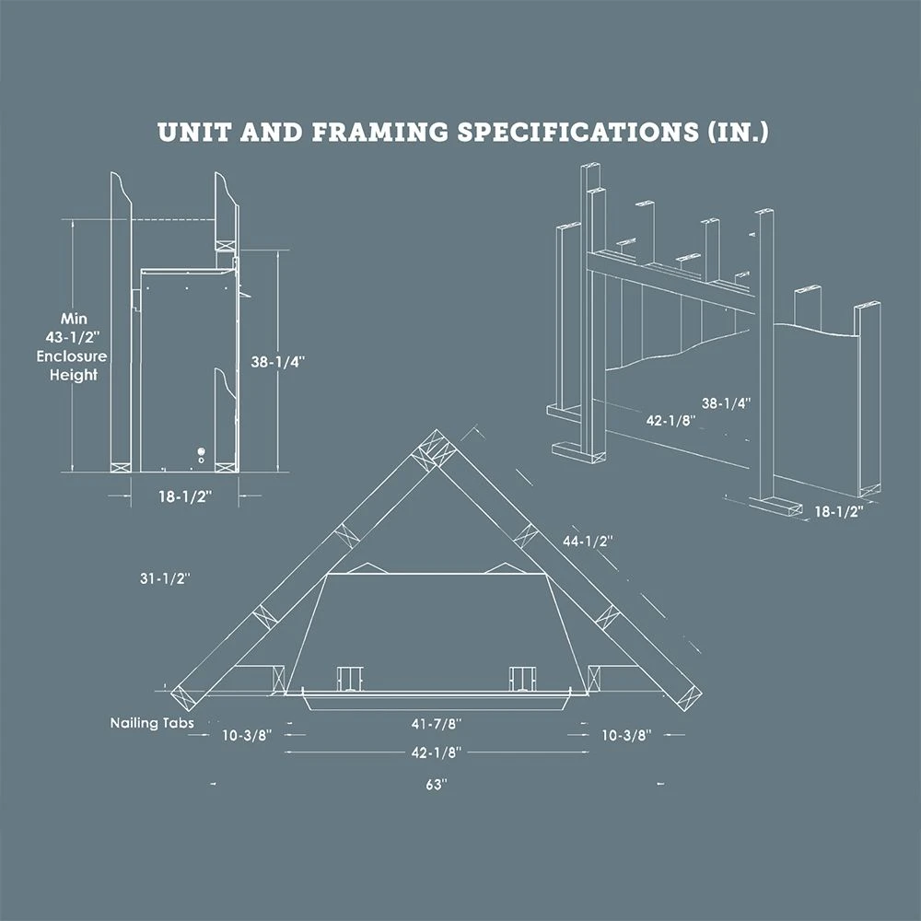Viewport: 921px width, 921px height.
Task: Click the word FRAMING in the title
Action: point(379,132)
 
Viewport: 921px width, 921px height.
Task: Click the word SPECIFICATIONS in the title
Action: point(578,132)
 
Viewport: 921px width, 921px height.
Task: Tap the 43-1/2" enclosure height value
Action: point(73,337)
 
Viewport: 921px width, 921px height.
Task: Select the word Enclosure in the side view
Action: point(72,356)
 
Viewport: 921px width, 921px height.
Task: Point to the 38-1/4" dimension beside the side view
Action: point(278,362)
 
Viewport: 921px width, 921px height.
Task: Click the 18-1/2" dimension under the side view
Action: point(184,496)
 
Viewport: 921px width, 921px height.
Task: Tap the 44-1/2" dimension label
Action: point(588,542)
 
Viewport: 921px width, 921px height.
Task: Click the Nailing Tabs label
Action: point(152,723)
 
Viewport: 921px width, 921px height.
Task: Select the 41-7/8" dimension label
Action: point(437,724)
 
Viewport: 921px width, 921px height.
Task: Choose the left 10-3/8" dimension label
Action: point(247,735)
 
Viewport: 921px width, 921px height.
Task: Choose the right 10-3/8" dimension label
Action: point(626,735)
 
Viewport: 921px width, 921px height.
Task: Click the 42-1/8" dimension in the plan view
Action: point(437,752)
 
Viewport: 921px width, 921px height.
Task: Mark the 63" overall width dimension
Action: point(437,785)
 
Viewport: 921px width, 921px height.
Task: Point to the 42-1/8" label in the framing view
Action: point(670,421)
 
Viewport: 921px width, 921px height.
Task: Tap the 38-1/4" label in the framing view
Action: point(727,403)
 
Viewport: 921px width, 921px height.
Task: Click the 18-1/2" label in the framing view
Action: point(839,511)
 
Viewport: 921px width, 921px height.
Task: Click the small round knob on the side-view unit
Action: point(202,451)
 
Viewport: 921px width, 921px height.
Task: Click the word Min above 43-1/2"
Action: point(74,319)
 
